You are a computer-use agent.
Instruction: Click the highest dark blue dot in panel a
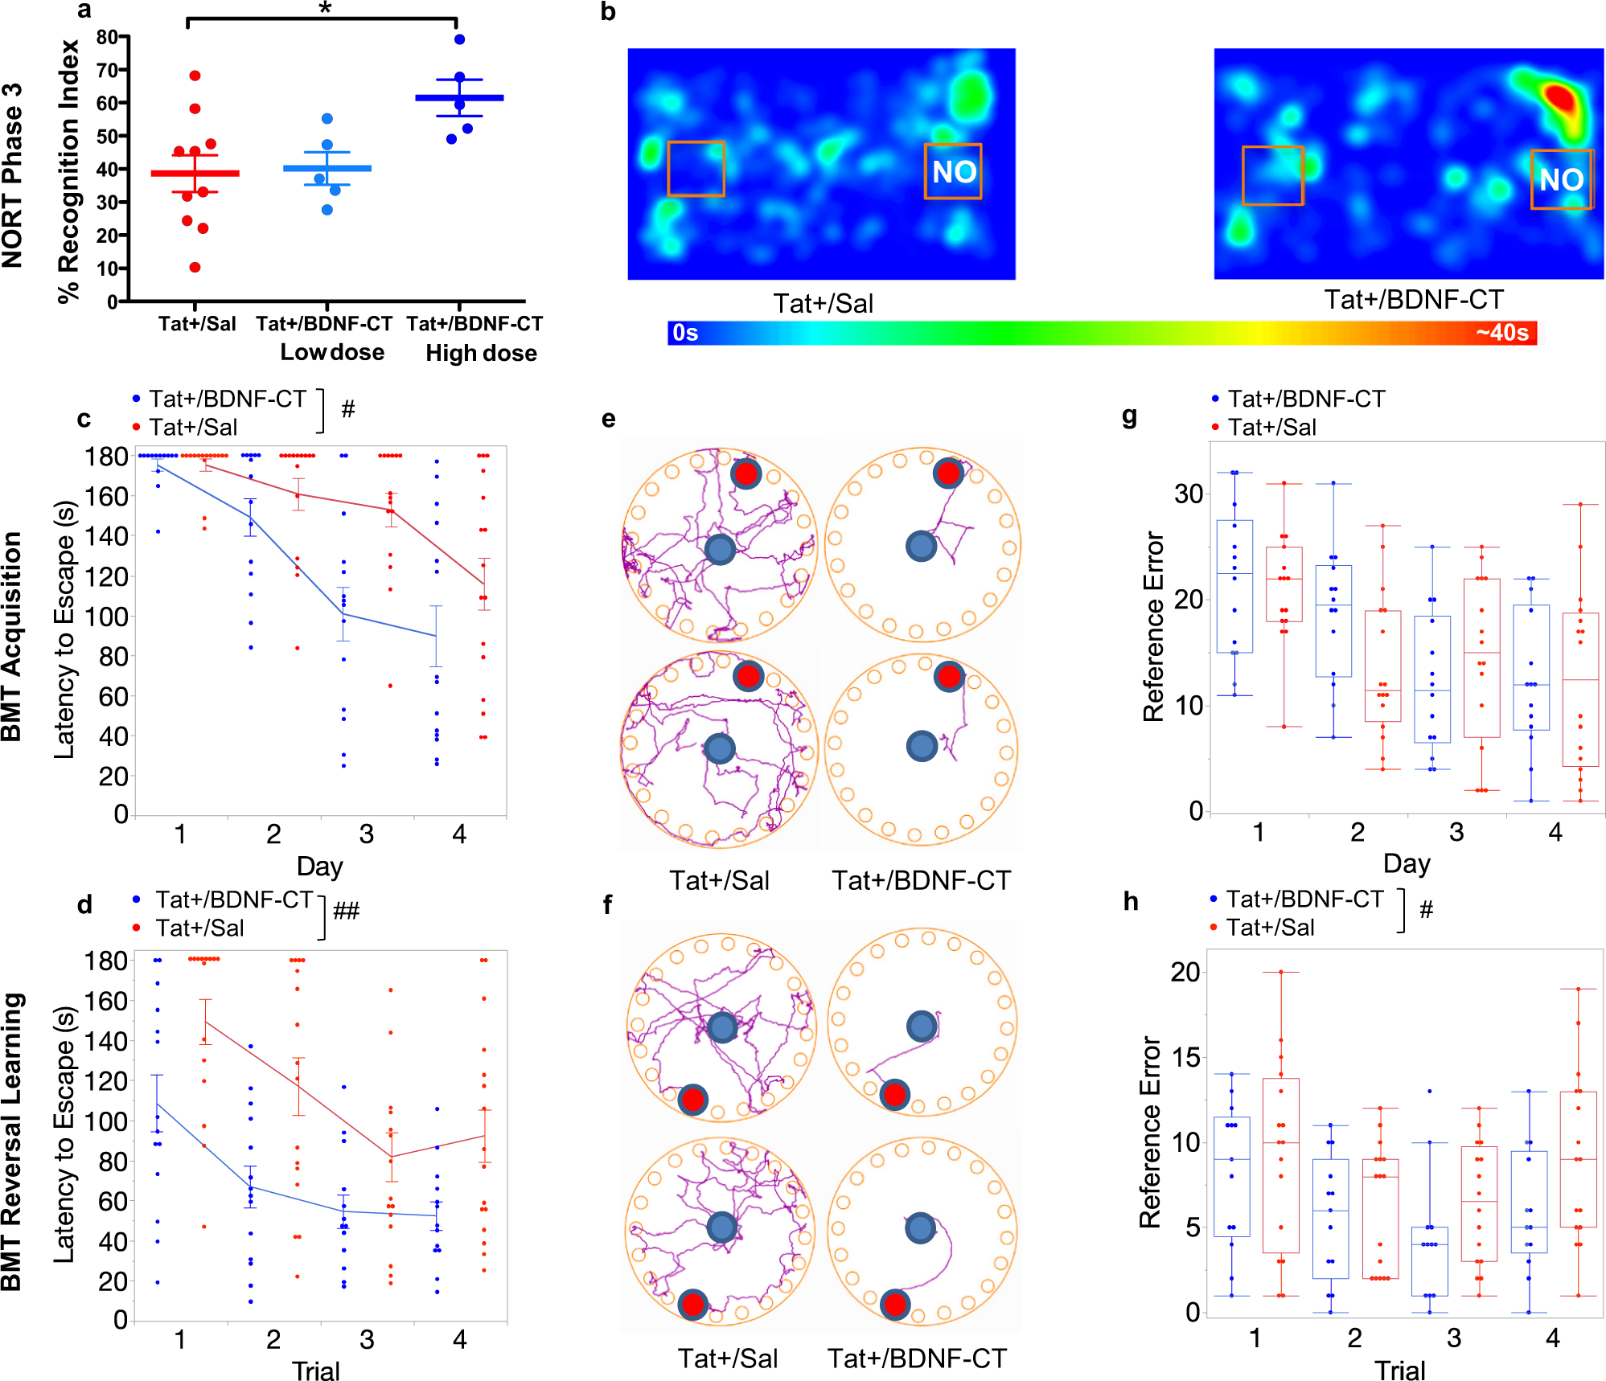point(459,39)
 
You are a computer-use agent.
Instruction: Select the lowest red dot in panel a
point(195,268)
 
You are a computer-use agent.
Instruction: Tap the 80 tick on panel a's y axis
point(108,37)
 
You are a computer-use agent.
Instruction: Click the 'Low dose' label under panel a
point(331,352)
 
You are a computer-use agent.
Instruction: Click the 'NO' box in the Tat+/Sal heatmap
point(953,171)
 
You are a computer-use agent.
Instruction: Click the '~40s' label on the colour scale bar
point(1501,333)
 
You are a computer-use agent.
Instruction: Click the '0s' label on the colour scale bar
point(685,333)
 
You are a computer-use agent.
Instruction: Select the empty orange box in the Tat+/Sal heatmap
point(696,169)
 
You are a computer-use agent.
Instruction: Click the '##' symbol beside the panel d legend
point(346,911)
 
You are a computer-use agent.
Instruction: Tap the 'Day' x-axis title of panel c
point(319,867)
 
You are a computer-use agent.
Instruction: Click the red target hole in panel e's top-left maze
point(745,473)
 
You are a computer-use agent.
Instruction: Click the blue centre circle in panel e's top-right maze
point(921,547)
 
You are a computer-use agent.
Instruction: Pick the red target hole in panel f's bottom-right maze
point(894,1305)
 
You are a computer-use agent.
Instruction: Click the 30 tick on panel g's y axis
point(1188,494)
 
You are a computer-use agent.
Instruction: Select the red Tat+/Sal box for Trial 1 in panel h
point(1280,1165)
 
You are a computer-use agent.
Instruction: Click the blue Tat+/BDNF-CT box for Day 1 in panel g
point(1234,586)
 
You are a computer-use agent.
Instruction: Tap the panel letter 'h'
point(1130,902)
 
